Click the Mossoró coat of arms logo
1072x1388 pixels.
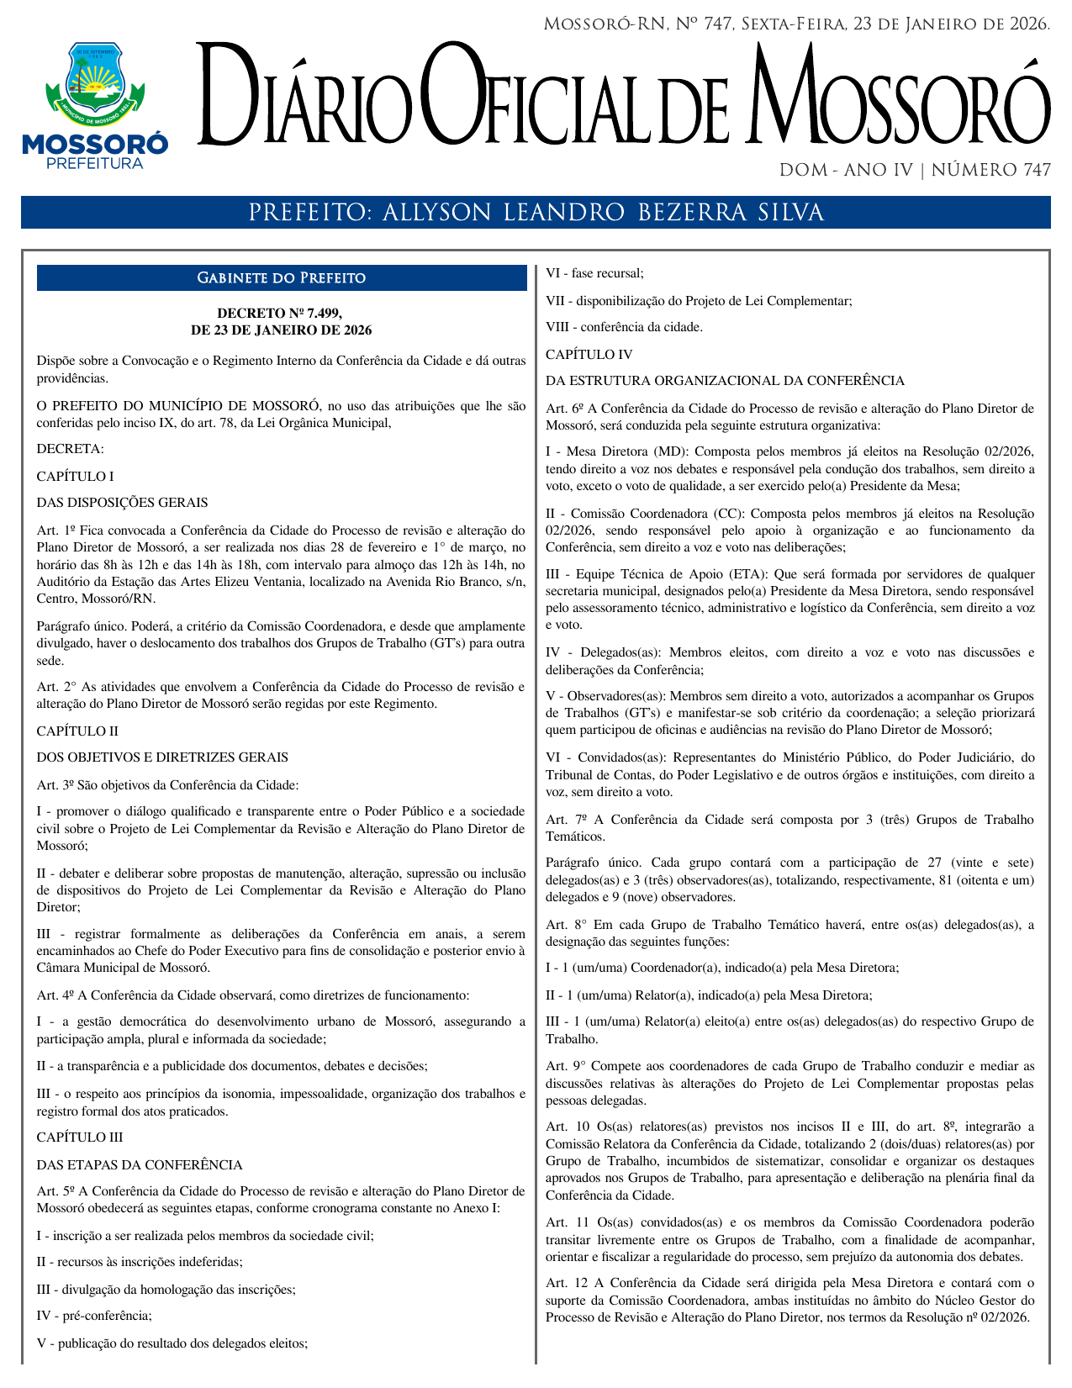[94, 82]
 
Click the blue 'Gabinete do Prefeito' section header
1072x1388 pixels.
[281, 278]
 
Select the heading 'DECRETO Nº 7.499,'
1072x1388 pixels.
[281, 314]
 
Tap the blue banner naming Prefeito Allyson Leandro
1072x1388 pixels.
[536, 213]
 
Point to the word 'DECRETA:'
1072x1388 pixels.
[70, 449]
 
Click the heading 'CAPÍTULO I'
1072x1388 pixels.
[75, 476]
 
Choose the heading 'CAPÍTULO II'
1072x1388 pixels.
[77, 731]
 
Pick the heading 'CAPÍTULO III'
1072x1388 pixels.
[80, 1137]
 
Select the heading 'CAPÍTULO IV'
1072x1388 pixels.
[589, 354]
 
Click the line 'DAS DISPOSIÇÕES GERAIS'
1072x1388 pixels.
[122, 503]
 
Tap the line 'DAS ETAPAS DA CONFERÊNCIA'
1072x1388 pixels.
[140, 1164]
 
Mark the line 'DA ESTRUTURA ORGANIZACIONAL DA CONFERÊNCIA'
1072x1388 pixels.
[725, 381]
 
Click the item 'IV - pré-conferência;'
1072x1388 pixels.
[94, 1316]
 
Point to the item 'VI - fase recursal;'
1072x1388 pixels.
[594, 273]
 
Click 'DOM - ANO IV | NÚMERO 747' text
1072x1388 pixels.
[915, 171]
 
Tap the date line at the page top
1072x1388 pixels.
[796, 24]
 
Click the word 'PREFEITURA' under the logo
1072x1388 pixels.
[94, 163]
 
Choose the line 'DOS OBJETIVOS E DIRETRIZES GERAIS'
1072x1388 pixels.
[162, 757]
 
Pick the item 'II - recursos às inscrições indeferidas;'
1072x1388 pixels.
[140, 1262]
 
